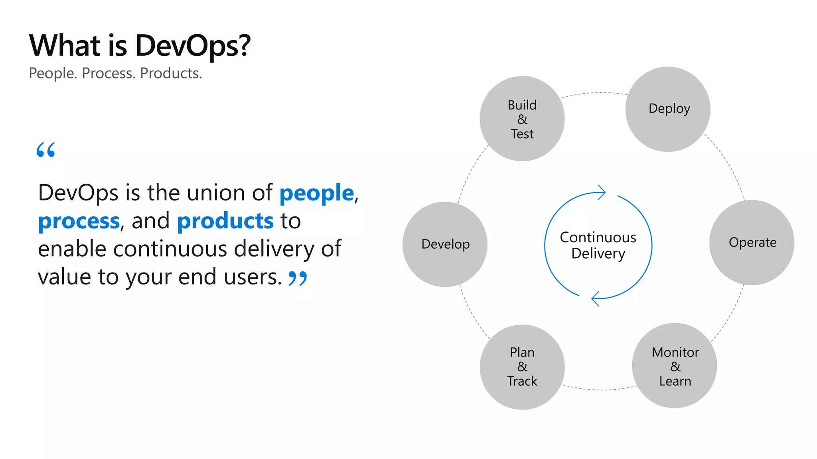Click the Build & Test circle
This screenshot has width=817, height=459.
click(x=522, y=119)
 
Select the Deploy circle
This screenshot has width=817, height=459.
click(x=668, y=109)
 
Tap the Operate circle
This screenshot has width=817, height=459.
click(x=752, y=243)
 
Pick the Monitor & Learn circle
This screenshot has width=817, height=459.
click(x=675, y=366)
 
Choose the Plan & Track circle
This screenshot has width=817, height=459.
click(x=522, y=367)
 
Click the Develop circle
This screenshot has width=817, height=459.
click(x=445, y=244)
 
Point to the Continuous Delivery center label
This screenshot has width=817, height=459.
click(x=598, y=245)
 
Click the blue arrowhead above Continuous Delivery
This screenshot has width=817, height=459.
click(x=602, y=192)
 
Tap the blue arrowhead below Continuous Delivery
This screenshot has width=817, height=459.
click(x=595, y=298)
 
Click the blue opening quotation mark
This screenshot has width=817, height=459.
click(x=45, y=150)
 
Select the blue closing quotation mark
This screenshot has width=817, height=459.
click(x=298, y=279)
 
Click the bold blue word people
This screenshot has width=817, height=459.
click(x=316, y=194)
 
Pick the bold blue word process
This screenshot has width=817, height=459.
click(x=79, y=222)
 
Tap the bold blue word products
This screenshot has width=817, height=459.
click(x=225, y=221)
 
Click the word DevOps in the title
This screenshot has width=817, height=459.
click(x=193, y=46)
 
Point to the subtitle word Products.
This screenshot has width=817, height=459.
click(x=171, y=73)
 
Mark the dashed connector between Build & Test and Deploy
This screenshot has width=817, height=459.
click(x=594, y=93)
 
